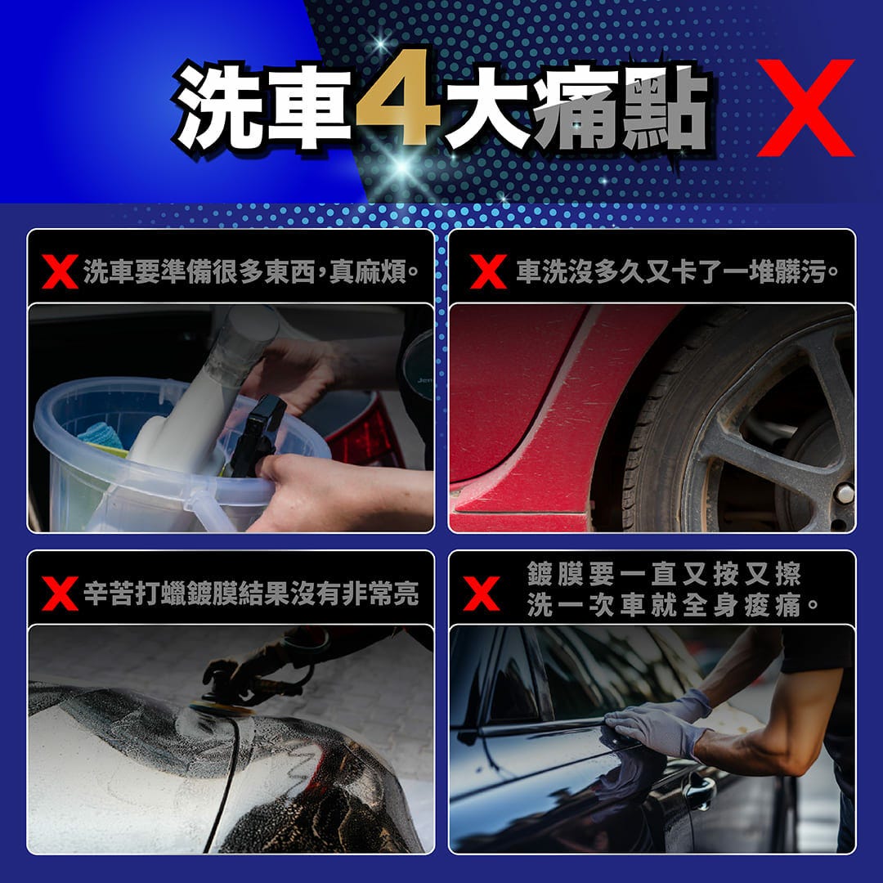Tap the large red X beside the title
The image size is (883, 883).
point(806,108)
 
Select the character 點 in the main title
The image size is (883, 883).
point(665,107)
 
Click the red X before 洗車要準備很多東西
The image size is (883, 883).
point(61,271)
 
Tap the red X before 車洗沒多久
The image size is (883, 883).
point(488,271)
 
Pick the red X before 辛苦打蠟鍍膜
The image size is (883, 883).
point(61,594)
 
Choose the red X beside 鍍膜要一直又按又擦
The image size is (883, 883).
point(482,594)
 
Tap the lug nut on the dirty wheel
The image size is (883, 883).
point(844,494)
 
